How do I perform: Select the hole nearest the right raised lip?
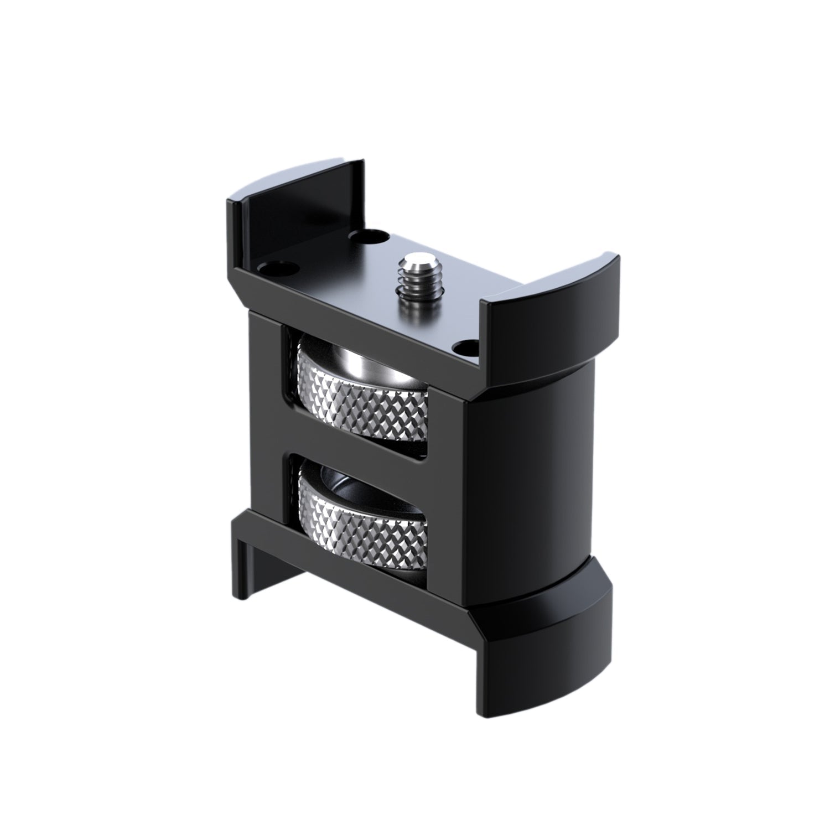click(464, 347)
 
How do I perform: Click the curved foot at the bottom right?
click(553, 653)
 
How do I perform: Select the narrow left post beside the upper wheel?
click(266, 387)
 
